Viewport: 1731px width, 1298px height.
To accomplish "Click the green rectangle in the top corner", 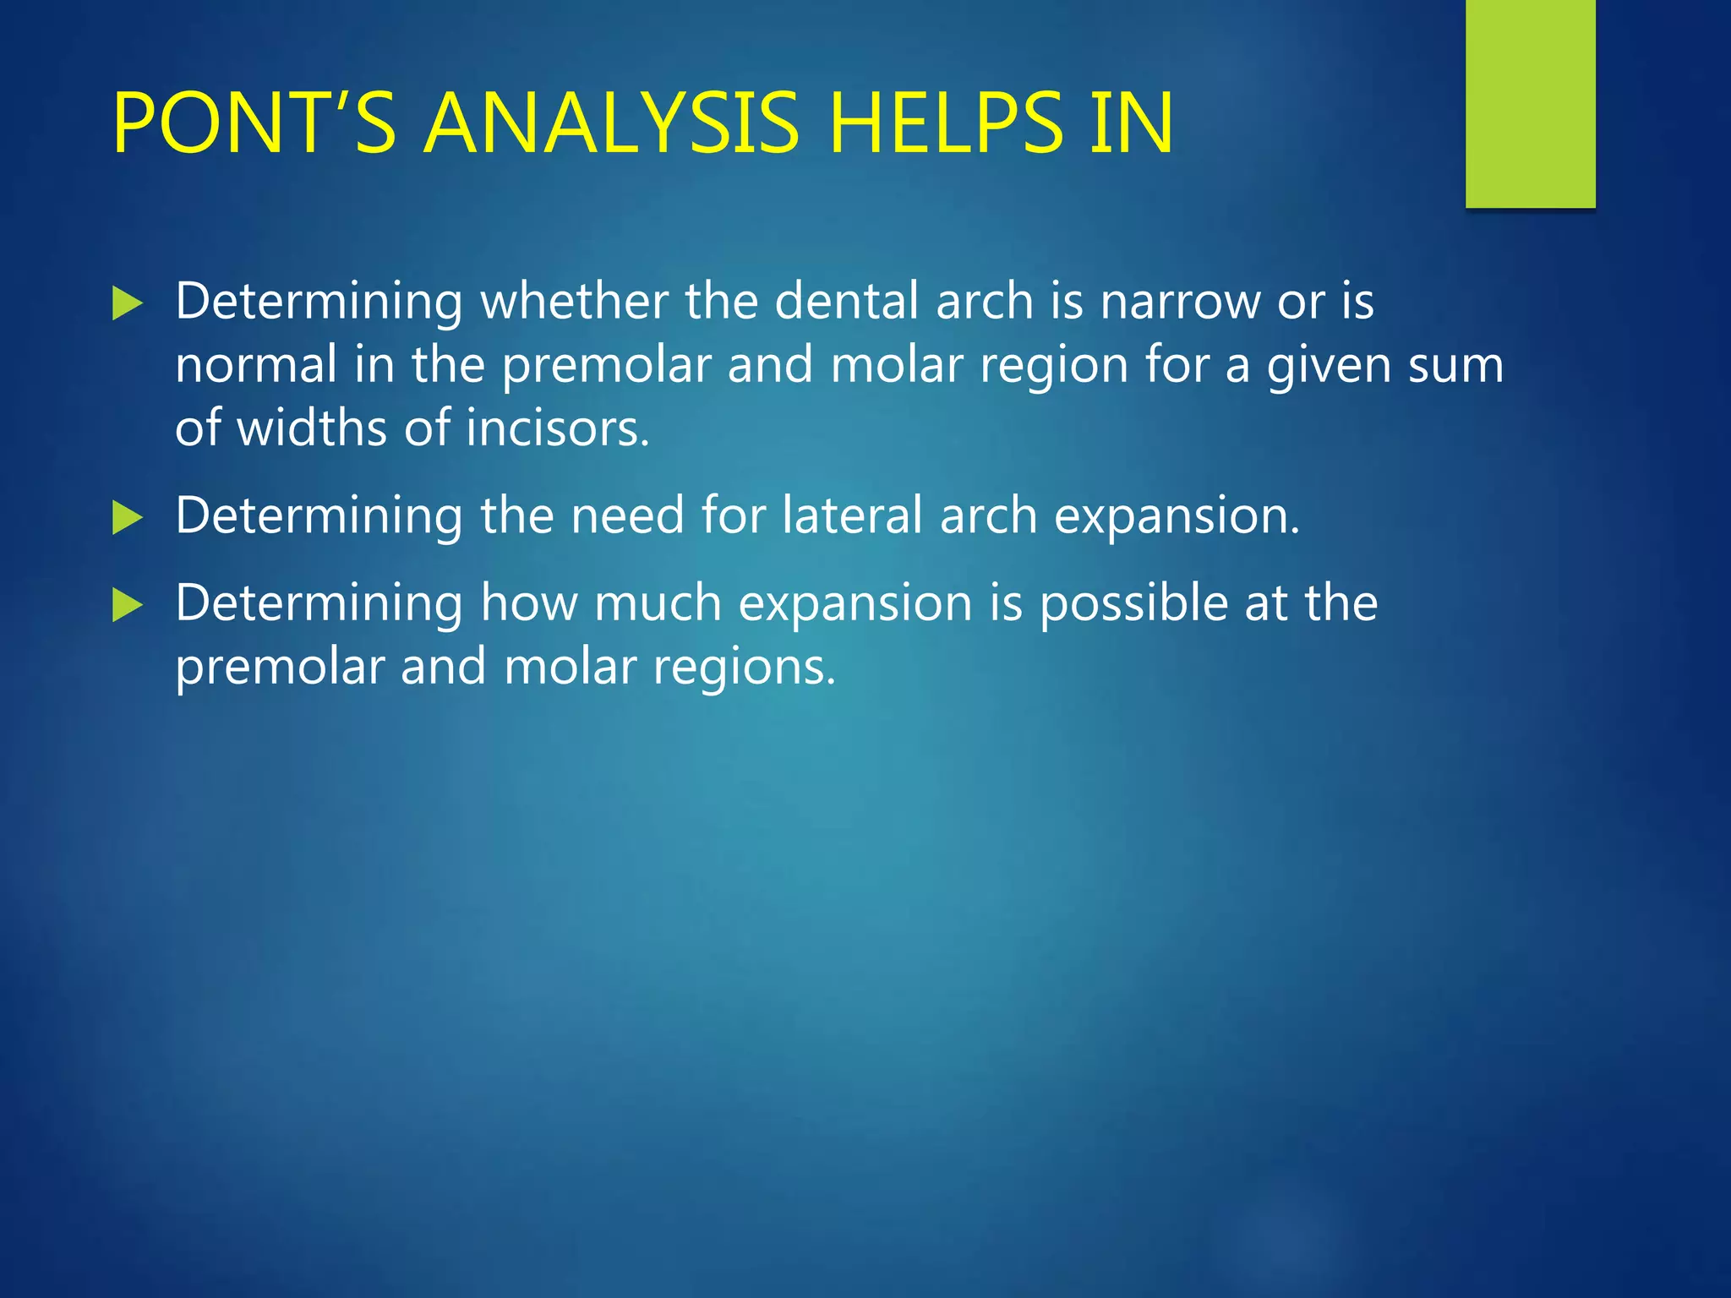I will tap(1530, 103).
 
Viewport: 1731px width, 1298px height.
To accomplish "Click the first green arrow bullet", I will tap(127, 303).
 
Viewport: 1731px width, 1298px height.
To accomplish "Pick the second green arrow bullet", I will tap(127, 517).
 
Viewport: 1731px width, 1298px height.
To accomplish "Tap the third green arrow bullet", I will tap(127, 605).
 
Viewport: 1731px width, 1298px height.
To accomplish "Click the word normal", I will tap(256, 365).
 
